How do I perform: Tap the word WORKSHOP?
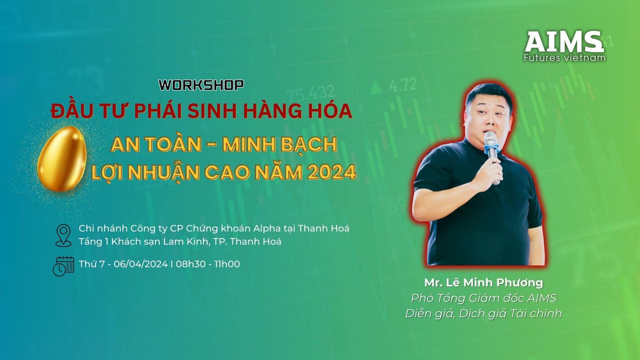pos(201,85)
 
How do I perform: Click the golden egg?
pos(62,159)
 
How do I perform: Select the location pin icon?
pos(63,235)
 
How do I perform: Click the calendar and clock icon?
pos(63,266)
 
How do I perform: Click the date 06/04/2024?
pos(141,264)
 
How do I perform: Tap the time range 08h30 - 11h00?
pos(208,264)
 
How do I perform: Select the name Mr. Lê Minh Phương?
pos(484,283)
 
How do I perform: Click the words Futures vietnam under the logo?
pos(565,58)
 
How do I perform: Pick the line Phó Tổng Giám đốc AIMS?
pos(484,298)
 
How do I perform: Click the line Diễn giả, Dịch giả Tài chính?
pos(484,314)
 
